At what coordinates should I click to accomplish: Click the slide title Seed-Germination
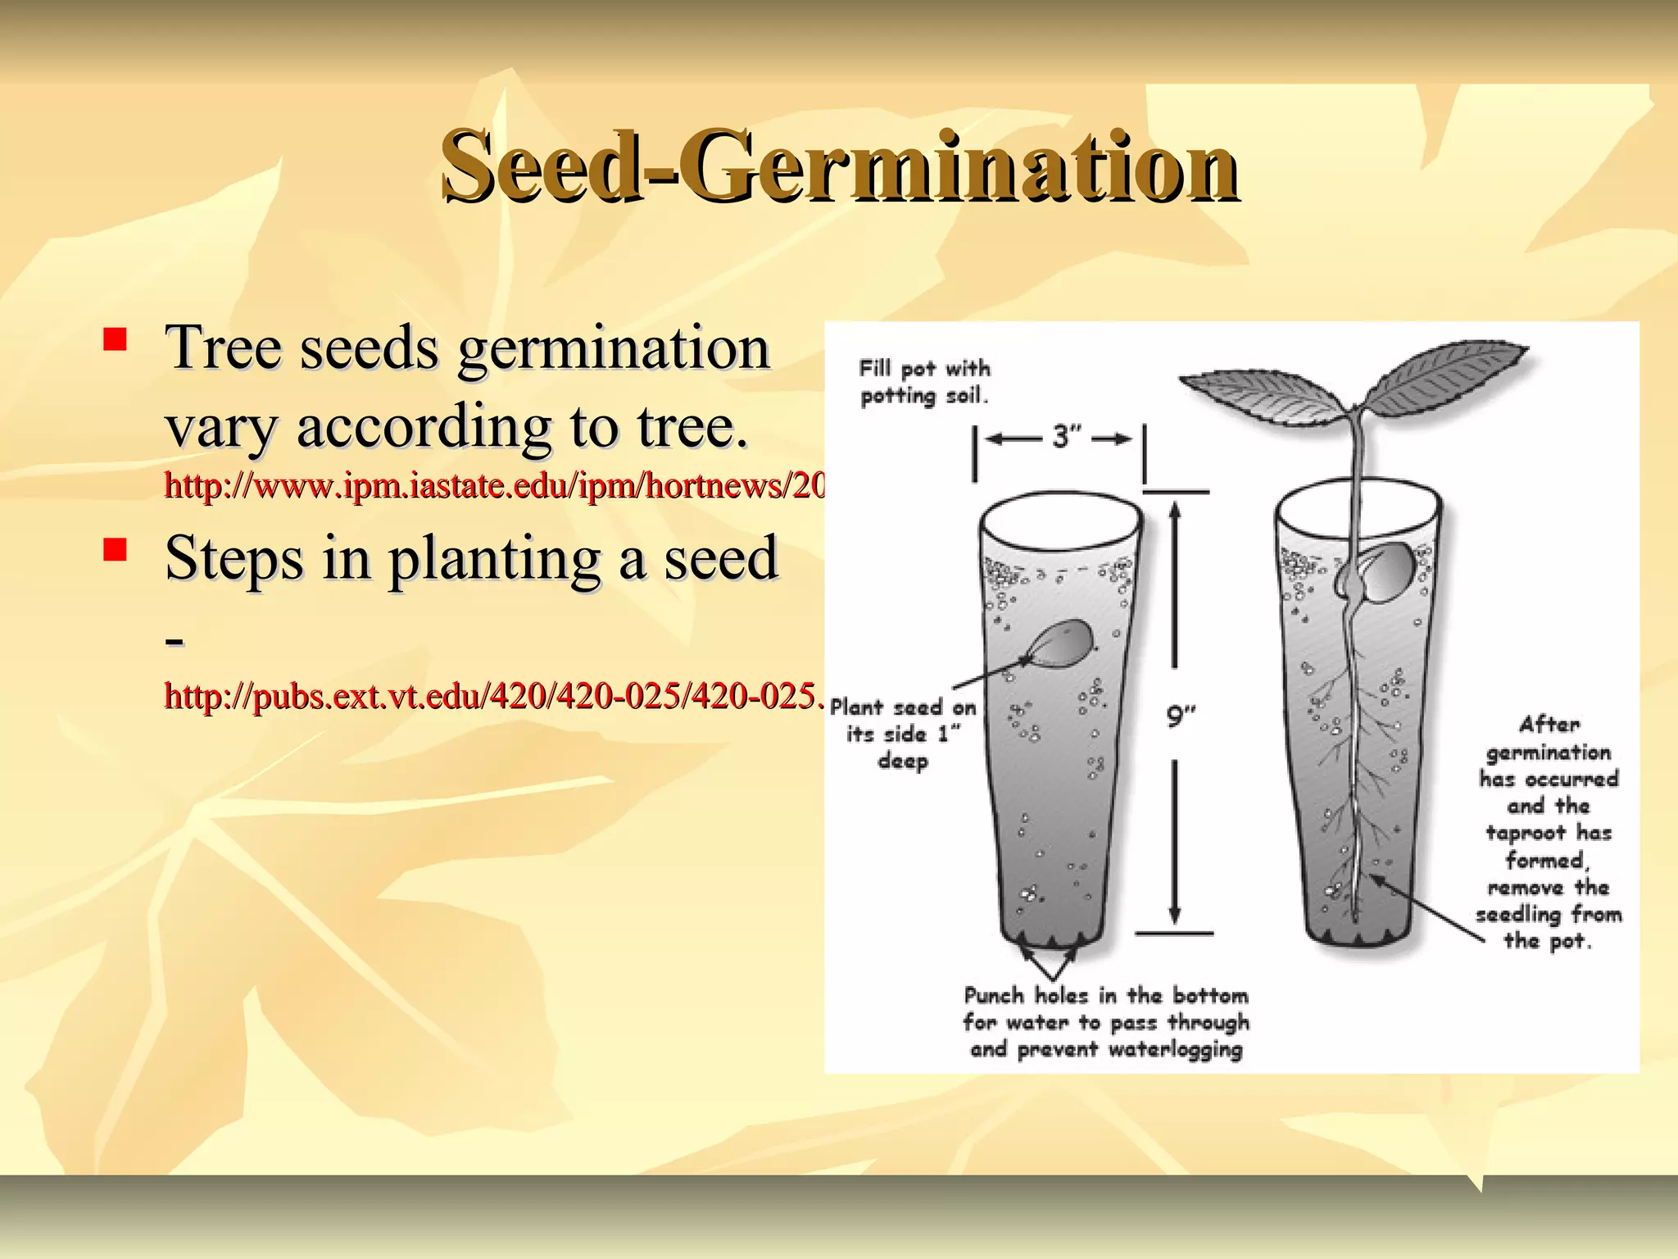[839, 166]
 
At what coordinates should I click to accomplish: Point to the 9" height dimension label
[1181, 716]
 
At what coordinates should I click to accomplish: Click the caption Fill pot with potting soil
[924, 382]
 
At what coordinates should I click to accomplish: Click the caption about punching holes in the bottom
[1106, 1022]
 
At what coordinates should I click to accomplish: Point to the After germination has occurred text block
[1549, 832]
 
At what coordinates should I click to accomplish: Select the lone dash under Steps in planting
[174, 639]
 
